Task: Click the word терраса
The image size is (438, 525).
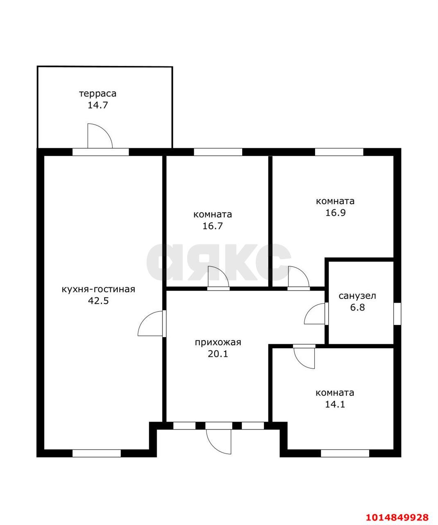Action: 98,94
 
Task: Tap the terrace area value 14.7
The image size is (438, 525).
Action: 98,105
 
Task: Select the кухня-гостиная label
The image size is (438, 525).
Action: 98,290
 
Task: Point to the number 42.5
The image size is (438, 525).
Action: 98,301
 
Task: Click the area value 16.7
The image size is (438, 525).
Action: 213,226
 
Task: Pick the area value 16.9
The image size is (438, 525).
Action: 336,213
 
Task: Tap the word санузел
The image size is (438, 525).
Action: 357,296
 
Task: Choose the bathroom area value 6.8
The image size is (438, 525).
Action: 357,307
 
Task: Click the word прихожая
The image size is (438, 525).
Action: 218,342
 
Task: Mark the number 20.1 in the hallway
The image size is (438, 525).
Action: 218,354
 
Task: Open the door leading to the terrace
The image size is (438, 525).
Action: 100,136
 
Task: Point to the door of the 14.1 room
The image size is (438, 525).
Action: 304,357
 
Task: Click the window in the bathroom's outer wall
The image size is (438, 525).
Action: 397,314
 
